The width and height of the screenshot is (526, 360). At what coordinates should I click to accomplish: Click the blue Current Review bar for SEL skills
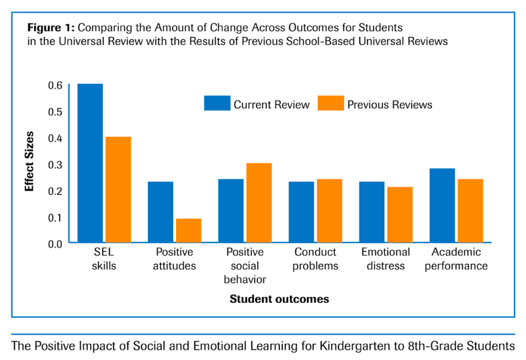(x=90, y=163)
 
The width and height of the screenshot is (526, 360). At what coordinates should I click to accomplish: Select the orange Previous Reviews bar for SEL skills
(x=118, y=189)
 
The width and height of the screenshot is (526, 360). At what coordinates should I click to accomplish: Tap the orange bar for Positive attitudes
(x=189, y=230)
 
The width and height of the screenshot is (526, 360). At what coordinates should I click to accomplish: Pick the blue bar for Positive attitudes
(x=161, y=212)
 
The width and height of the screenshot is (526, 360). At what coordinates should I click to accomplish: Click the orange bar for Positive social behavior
(x=259, y=203)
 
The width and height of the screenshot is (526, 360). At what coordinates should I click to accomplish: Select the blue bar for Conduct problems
(x=301, y=212)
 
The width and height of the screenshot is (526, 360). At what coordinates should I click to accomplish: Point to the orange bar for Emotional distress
(x=400, y=215)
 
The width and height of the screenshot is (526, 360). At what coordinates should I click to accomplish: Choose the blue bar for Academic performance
(x=442, y=206)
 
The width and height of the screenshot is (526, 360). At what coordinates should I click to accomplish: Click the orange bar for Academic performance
(x=470, y=211)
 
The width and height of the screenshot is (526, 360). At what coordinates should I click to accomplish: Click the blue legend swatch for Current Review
(x=217, y=103)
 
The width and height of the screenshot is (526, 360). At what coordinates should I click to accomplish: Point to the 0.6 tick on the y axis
(x=54, y=85)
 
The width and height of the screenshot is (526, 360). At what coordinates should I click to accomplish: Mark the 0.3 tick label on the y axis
(x=54, y=164)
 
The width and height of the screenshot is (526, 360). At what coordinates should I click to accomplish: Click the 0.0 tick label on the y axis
(x=54, y=243)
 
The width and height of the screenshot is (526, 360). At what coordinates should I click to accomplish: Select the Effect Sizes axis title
(x=30, y=164)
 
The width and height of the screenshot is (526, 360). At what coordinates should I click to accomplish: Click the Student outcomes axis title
(x=279, y=299)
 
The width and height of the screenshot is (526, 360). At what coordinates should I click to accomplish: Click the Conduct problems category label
(x=316, y=259)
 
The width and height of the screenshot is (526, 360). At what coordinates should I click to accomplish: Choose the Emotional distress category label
(x=386, y=259)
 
